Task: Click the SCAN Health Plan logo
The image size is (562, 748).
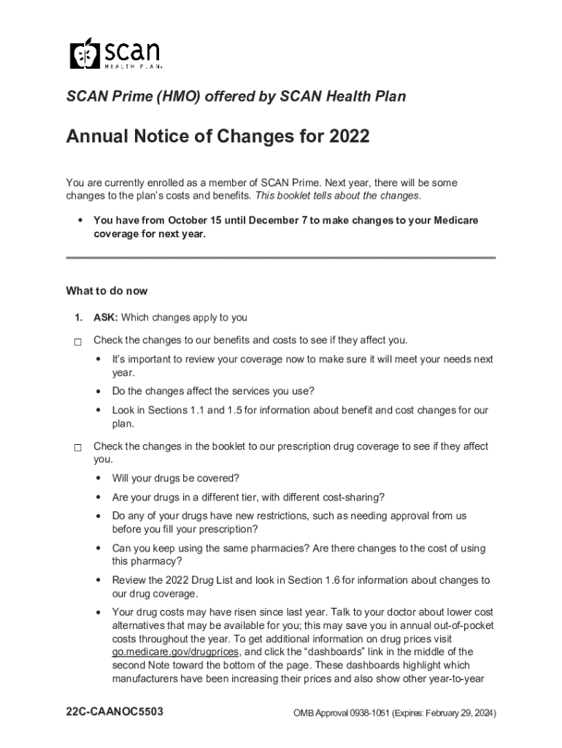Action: point(115,53)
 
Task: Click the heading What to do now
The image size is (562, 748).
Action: point(107,291)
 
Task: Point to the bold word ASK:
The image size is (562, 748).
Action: point(106,318)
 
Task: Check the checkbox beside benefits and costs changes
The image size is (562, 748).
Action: point(77,341)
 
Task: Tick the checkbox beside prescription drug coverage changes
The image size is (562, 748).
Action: point(77,447)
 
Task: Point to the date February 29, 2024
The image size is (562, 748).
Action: point(455,713)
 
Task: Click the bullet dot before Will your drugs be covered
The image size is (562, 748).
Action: point(99,478)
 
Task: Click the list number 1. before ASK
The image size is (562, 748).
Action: point(77,318)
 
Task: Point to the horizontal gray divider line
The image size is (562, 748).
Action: point(281,258)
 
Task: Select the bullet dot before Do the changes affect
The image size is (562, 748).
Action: point(99,391)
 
